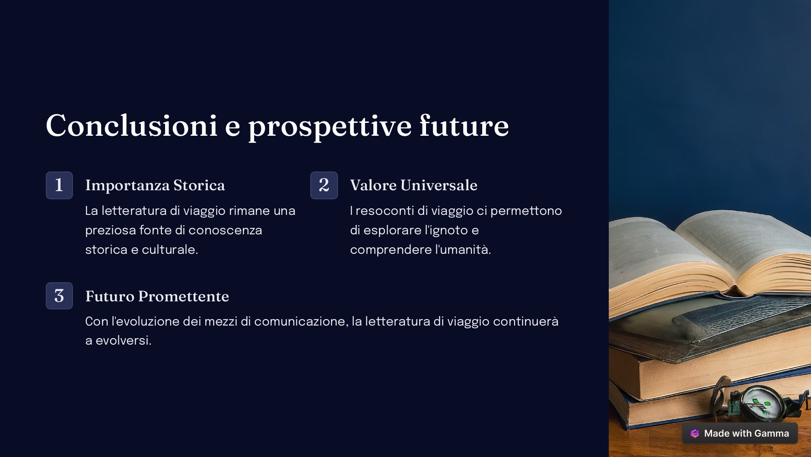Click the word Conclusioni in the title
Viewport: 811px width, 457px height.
132,126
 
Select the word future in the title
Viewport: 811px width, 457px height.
464,125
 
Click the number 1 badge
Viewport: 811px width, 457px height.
59,185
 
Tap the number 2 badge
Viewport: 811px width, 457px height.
324,185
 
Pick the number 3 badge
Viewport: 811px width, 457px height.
59,296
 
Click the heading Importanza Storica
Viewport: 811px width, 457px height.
155,185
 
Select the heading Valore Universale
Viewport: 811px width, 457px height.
414,185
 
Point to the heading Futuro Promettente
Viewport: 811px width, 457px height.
157,296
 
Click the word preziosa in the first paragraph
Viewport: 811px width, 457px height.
111,231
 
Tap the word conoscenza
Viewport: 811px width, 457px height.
225,230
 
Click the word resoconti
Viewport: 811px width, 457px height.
385,211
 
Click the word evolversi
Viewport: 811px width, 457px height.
124,341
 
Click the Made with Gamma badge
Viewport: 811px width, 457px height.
740,433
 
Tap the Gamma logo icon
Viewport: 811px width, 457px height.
695,433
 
